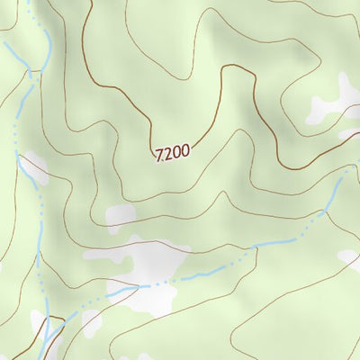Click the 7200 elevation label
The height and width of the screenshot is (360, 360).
(x=173, y=153)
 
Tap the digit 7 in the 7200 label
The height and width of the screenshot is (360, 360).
(x=159, y=154)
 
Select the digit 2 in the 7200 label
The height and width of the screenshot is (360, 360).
(x=167, y=153)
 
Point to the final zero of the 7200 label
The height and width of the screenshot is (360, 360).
(x=184, y=152)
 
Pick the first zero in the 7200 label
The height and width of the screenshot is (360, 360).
(x=175, y=153)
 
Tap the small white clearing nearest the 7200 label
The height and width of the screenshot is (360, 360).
(x=120, y=215)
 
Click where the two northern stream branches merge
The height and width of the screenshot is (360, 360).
(x=33, y=72)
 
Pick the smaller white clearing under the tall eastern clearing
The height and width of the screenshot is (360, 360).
(x=347, y=135)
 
